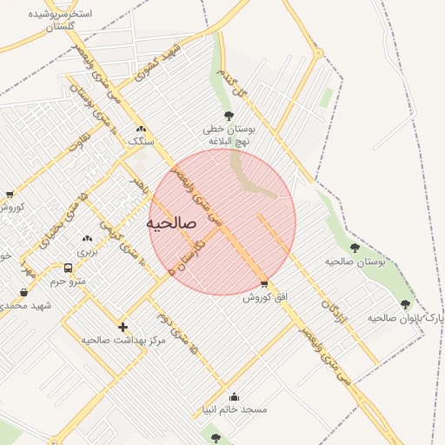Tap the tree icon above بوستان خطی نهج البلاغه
tap(229, 115)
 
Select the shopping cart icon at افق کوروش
tap(264, 284)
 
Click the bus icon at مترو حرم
tap(68, 268)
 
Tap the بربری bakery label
tap(87, 252)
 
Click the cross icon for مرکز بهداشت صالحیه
tap(123, 328)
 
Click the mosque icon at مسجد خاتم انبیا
tap(233, 396)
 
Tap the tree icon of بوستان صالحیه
tap(354, 248)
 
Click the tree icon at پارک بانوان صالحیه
tap(405, 304)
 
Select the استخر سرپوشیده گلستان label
tap(62, 21)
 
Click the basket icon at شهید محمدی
tap(23, 292)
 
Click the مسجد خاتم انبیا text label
tap(234, 409)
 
